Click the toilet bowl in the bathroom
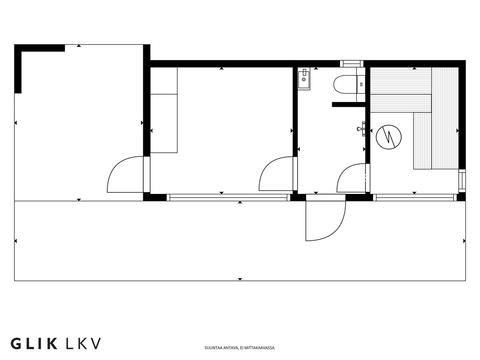click(345, 84)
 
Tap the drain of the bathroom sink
click(304, 79)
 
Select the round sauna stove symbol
click(388, 137)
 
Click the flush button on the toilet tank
click(361, 84)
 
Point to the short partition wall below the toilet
click(349, 104)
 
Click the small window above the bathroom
click(352, 64)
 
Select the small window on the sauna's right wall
click(462, 181)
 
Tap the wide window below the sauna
click(415, 197)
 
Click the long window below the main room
click(228, 197)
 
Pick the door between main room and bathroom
click(278, 174)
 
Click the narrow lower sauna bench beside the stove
click(422, 141)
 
